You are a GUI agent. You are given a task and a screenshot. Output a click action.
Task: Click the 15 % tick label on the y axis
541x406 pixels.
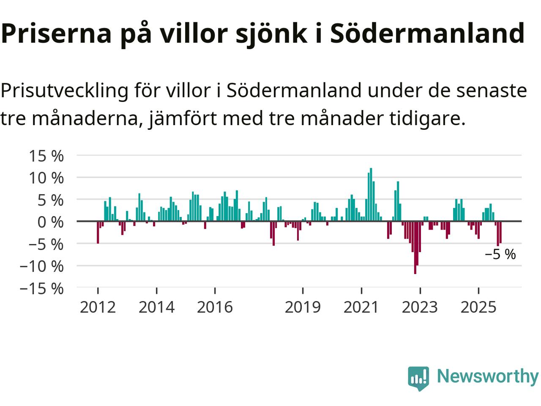pos(46,156)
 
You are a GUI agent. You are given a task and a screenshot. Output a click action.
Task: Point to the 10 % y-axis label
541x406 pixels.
pos(46,178)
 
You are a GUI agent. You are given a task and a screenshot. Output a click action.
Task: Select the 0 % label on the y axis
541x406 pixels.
pos(50,222)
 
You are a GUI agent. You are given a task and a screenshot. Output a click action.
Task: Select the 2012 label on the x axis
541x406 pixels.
pos(98,307)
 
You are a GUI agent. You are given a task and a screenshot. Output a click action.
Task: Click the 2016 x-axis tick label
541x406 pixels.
pos(215,307)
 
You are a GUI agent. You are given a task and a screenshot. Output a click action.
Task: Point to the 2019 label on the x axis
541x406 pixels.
pos(303,307)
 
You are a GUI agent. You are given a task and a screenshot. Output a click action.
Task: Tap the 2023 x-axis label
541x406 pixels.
pos(420,307)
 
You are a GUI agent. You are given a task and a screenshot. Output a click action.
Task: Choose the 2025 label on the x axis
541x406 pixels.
pos(478,307)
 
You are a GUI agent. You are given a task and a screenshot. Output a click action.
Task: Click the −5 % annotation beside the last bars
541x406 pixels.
pos(500,255)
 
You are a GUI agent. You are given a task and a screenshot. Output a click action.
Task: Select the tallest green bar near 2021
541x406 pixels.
pos(371,195)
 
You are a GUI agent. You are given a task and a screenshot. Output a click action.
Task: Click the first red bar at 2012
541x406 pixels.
pos(98,232)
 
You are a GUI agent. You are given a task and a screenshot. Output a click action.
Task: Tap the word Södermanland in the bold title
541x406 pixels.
pos(427,34)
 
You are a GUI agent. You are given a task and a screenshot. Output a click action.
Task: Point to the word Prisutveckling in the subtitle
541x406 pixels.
pos(64,91)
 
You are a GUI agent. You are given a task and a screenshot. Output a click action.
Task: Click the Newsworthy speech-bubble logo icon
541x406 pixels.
pos(418,378)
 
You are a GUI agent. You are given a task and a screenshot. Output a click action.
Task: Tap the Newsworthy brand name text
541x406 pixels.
pos(487,376)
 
